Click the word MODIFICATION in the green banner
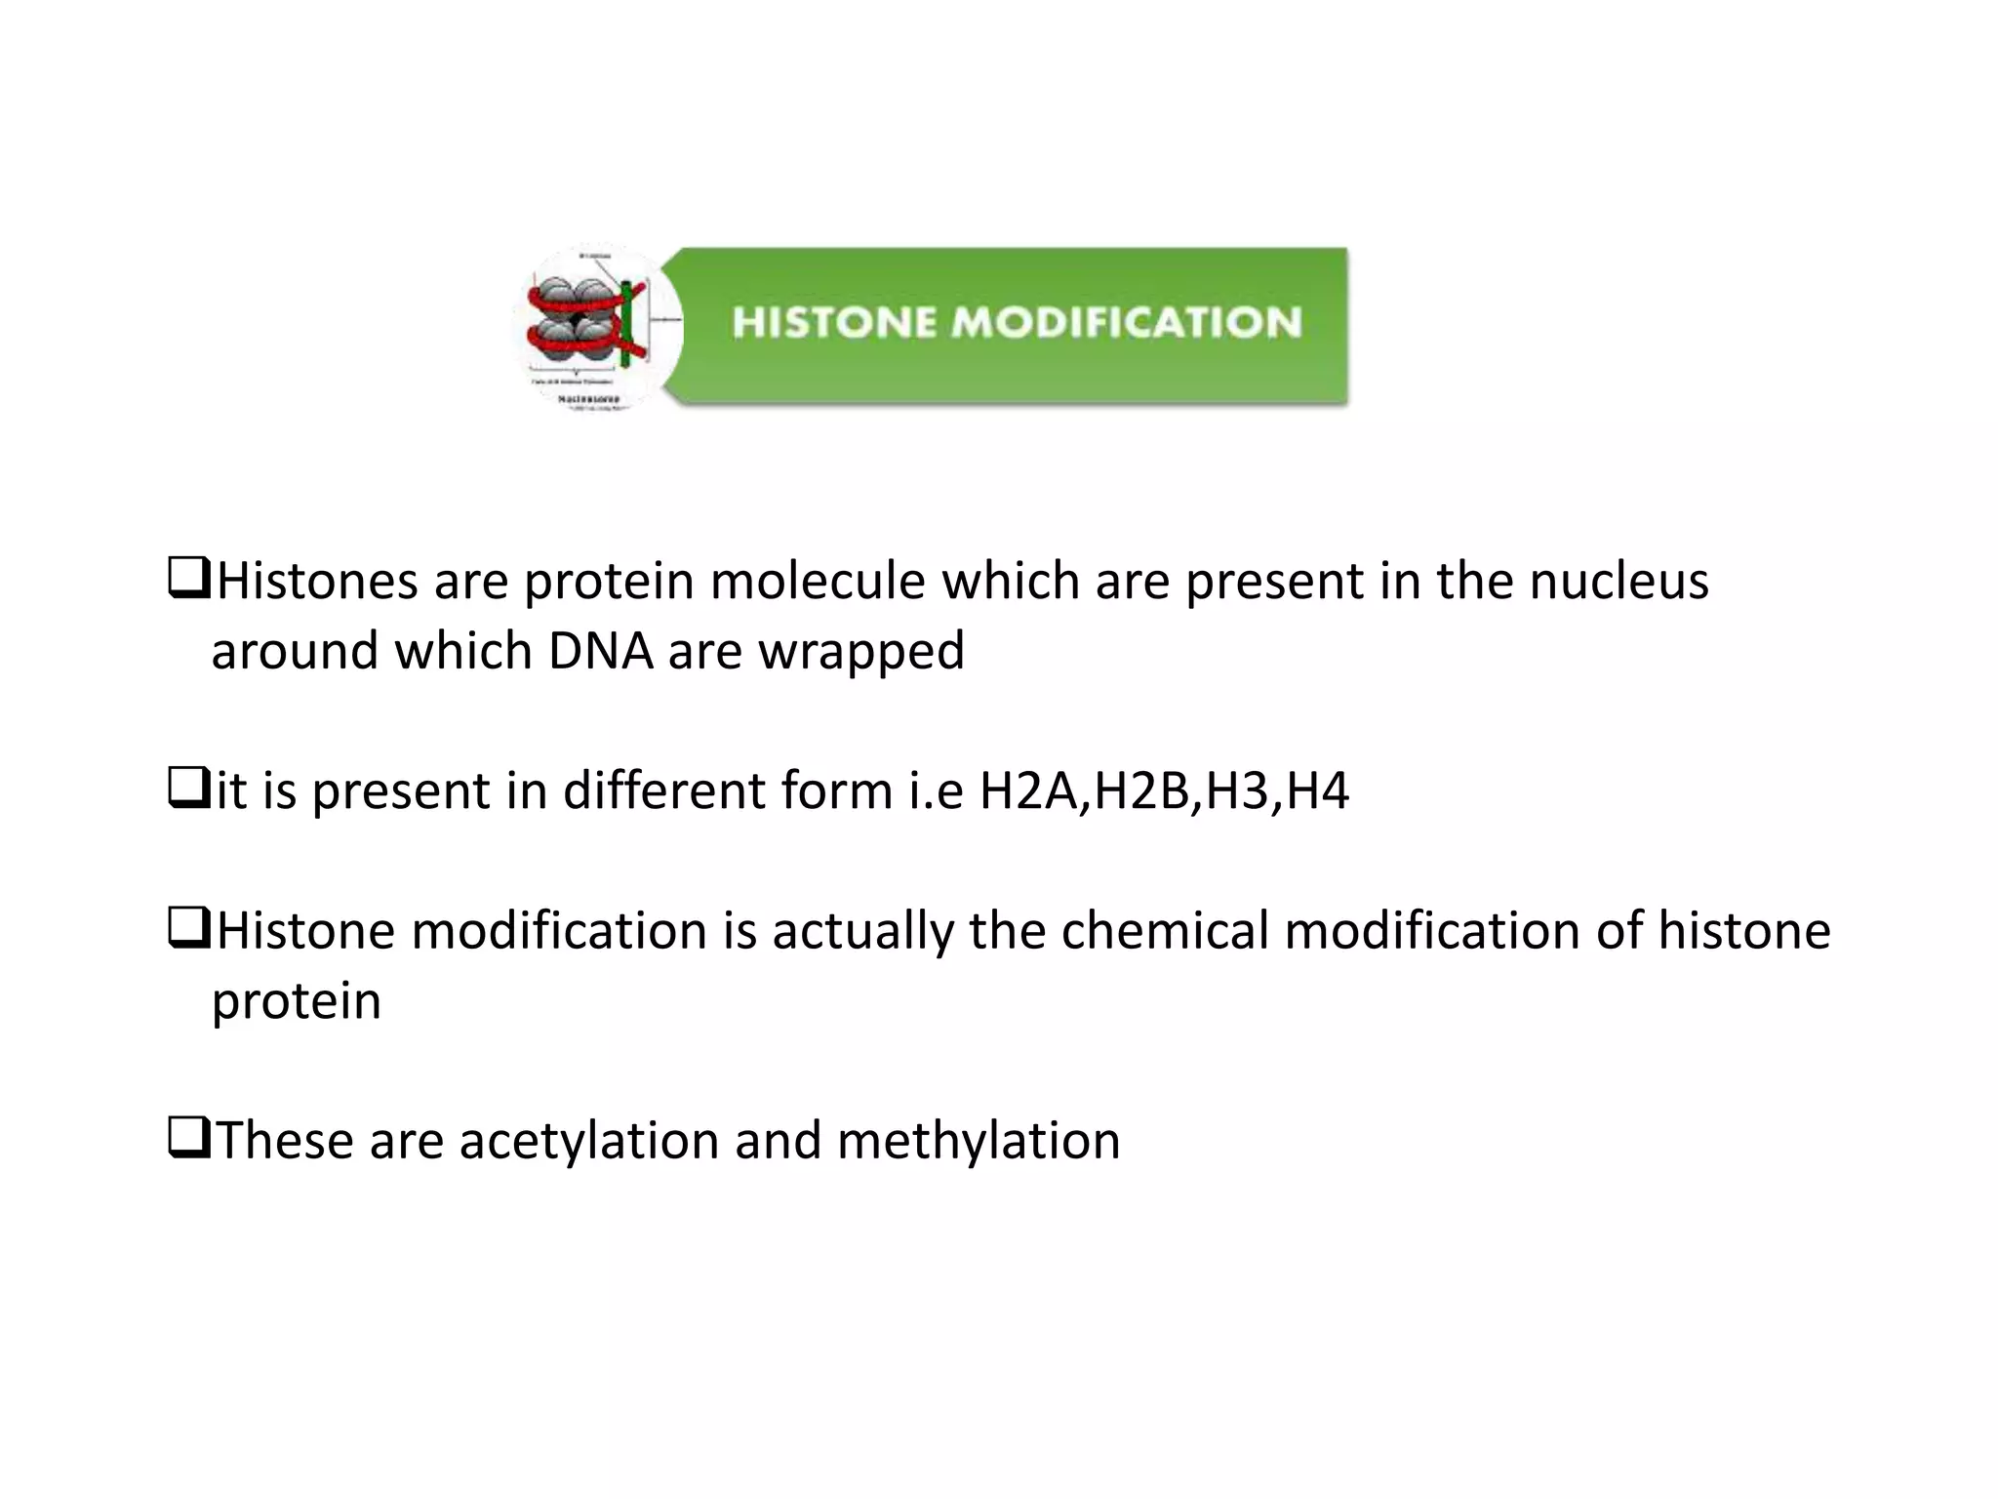[x=1127, y=323]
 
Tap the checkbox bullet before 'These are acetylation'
[x=187, y=1138]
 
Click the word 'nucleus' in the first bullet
[x=1618, y=581]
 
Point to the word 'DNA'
[x=600, y=651]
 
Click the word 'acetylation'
[x=589, y=1141]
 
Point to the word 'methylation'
[x=979, y=1141]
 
